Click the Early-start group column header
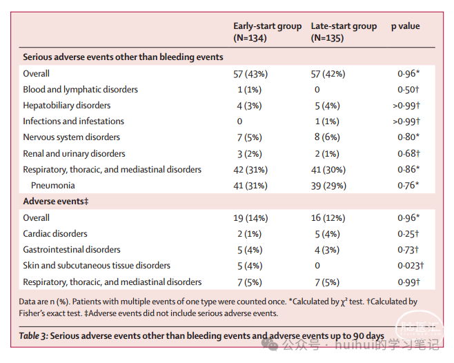click(268, 32)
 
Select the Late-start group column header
click(344, 32)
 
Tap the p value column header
click(406, 26)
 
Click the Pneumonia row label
click(52, 186)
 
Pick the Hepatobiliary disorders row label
click(67, 106)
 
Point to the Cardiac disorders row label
click(55, 234)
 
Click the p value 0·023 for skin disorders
click(411, 266)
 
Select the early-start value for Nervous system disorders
click(250, 137)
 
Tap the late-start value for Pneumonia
click(328, 186)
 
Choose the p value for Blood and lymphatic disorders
click(408, 90)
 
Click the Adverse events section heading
click(56, 202)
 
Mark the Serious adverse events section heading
click(123, 57)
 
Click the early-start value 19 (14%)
click(250, 218)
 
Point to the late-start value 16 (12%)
click(328, 218)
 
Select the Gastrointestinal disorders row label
click(72, 250)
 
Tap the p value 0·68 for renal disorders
click(408, 153)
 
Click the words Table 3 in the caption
click(33, 336)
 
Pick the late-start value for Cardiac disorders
click(328, 234)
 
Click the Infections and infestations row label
click(74, 121)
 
